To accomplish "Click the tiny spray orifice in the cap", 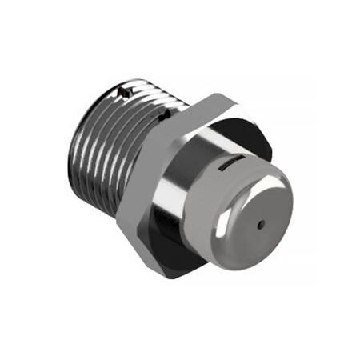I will coord(260,226).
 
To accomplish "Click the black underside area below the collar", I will coord(172,248).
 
